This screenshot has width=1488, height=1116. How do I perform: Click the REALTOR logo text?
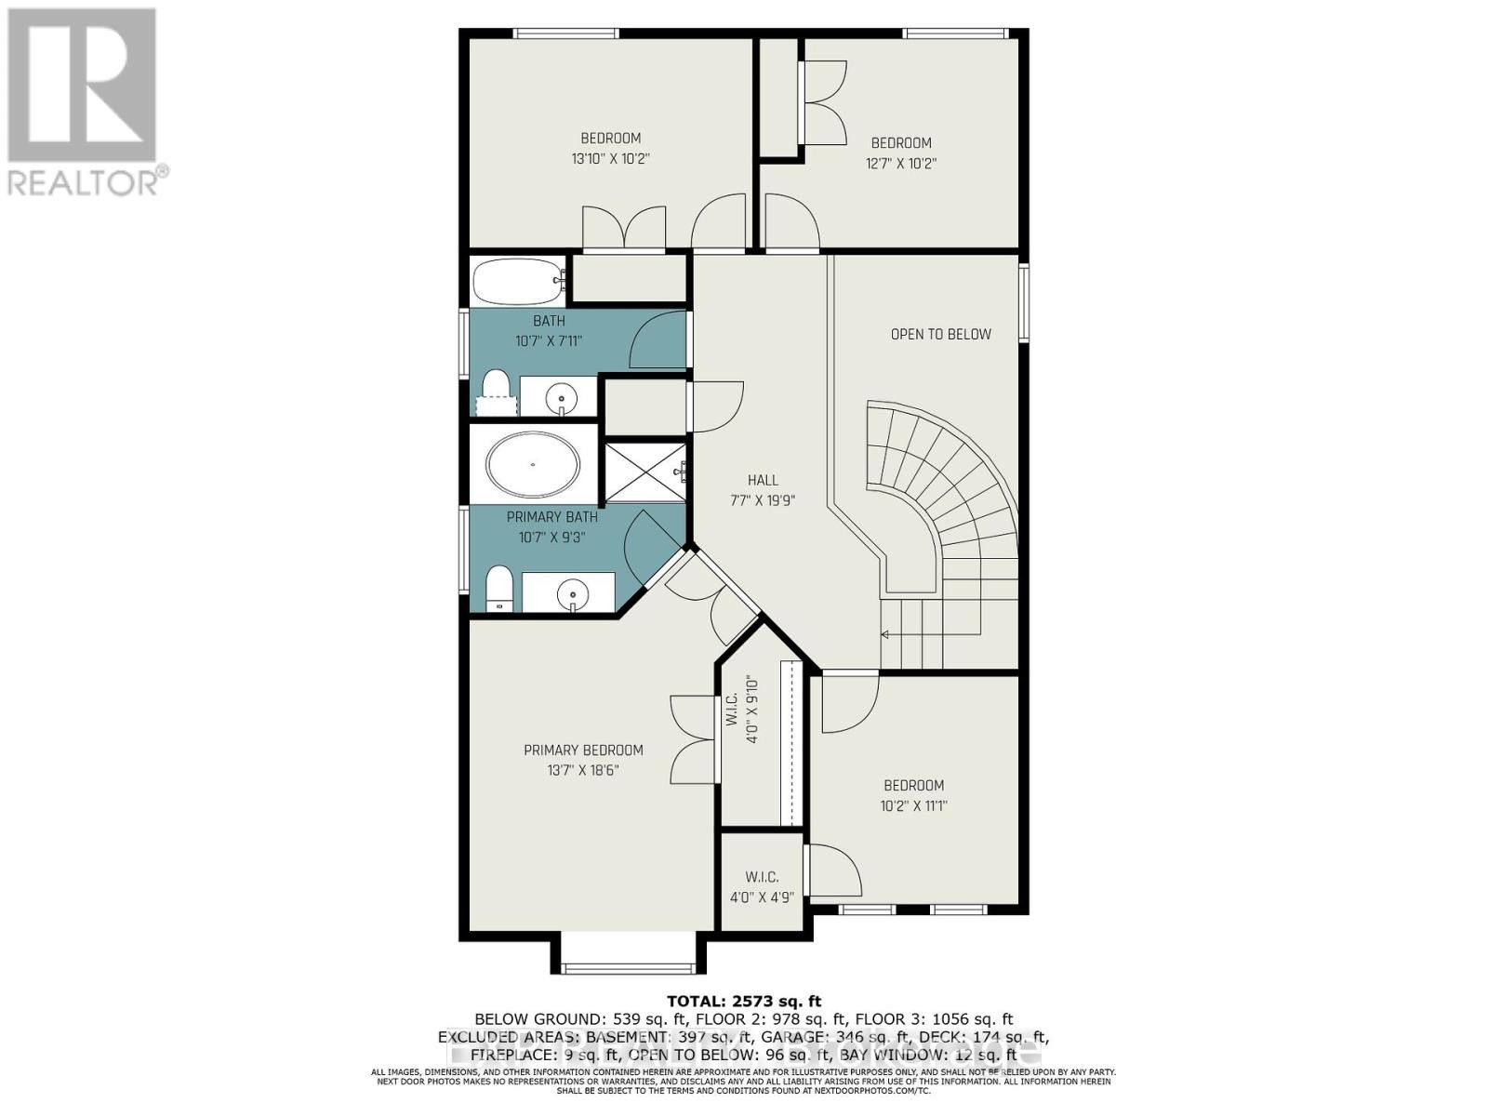click(x=88, y=180)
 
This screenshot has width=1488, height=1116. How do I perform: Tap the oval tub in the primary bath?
click(x=533, y=463)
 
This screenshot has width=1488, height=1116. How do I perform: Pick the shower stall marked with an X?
click(x=644, y=472)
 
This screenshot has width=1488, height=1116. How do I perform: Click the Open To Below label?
click(x=940, y=334)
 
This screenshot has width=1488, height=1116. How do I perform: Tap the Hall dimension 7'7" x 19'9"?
click(x=763, y=500)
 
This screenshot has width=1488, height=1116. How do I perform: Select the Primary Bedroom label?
click(x=583, y=750)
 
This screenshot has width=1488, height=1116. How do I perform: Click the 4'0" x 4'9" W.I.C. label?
click(x=762, y=887)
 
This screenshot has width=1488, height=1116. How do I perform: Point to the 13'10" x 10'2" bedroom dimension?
click(x=610, y=159)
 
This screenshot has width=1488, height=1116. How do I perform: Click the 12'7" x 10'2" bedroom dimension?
click(x=900, y=164)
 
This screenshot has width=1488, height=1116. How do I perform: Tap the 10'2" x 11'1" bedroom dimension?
click(x=913, y=806)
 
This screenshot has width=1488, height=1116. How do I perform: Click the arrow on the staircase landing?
click(x=884, y=634)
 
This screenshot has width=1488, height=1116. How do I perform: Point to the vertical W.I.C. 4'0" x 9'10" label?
click(x=741, y=714)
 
